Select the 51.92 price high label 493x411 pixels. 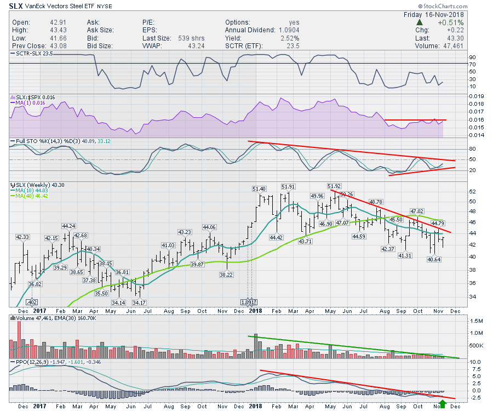coord(334,186)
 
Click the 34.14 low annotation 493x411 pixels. coord(118,302)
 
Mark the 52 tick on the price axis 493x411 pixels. coord(472,192)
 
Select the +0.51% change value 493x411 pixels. coord(452,22)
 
